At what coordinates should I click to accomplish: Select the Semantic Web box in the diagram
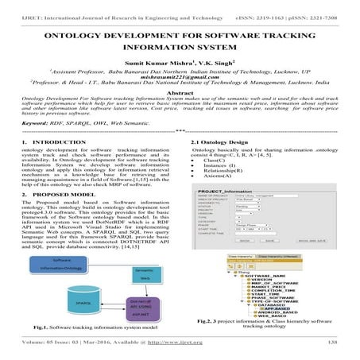[x=143, y=273]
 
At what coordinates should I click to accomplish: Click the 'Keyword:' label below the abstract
[x=37, y=124]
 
